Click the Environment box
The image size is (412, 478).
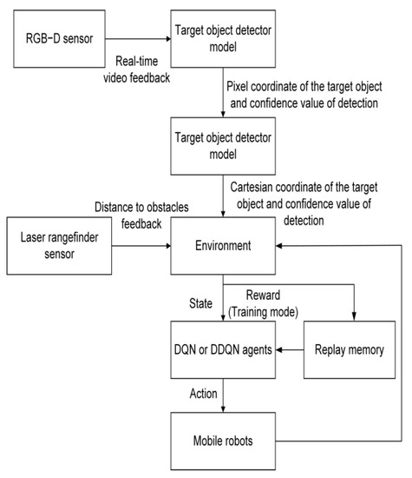click(x=223, y=246)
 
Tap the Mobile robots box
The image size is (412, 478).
click(x=223, y=441)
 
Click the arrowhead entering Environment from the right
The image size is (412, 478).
click(x=280, y=246)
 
